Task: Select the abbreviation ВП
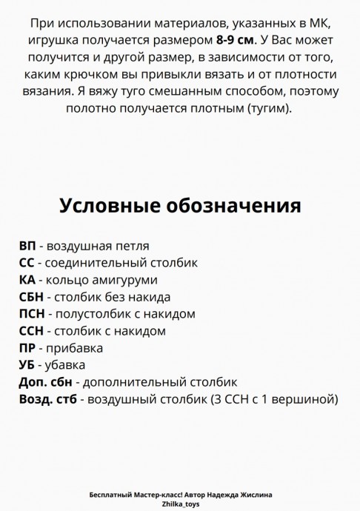pyautogui.click(x=27, y=246)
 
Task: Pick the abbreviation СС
pyautogui.click(x=27, y=263)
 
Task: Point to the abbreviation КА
pyautogui.click(x=27, y=280)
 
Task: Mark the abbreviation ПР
pyautogui.click(x=27, y=348)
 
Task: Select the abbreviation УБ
pyautogui.click(x=27, y=365)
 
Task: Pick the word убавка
pyautogui.click(x=66, y=365)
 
